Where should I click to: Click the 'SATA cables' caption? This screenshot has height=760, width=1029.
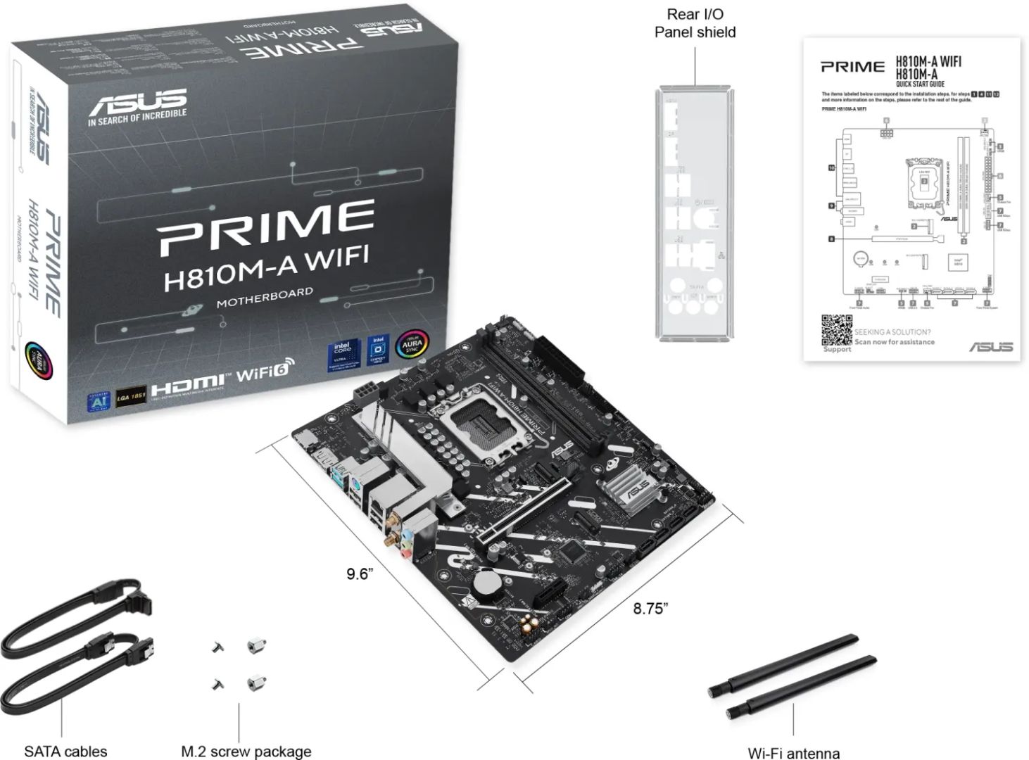pyautogui.click(x=65, y=751)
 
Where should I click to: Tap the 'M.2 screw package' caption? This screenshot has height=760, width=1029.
pyautogui.click(x=246, y=751)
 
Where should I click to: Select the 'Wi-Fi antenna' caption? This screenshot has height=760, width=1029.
pyautogui.click(x=793, y=753)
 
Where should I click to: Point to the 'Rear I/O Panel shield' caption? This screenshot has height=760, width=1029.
pyautogui.click(x=695, y=23)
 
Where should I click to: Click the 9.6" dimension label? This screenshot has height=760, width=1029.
pyautogui.click(x=359, y=574)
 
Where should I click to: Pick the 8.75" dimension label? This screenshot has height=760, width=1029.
pyautogui.click(x=650, y=609)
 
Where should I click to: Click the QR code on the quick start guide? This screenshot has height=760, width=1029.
pyautogui.click(x=837, y=329)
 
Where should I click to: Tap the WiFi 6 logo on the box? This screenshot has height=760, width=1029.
pyautogui.click(x=265, y=371)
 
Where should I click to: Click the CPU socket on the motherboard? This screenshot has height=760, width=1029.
pyautogui.click(x=486, y=422)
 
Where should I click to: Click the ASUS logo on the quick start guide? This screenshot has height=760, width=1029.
pyautogui.click(x=990, y=346)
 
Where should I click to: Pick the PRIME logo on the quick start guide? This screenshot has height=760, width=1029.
pyautogui.click(x=852, y=67)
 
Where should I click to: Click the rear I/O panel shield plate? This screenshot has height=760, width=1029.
pyautogui.click(x=693, y=211)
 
